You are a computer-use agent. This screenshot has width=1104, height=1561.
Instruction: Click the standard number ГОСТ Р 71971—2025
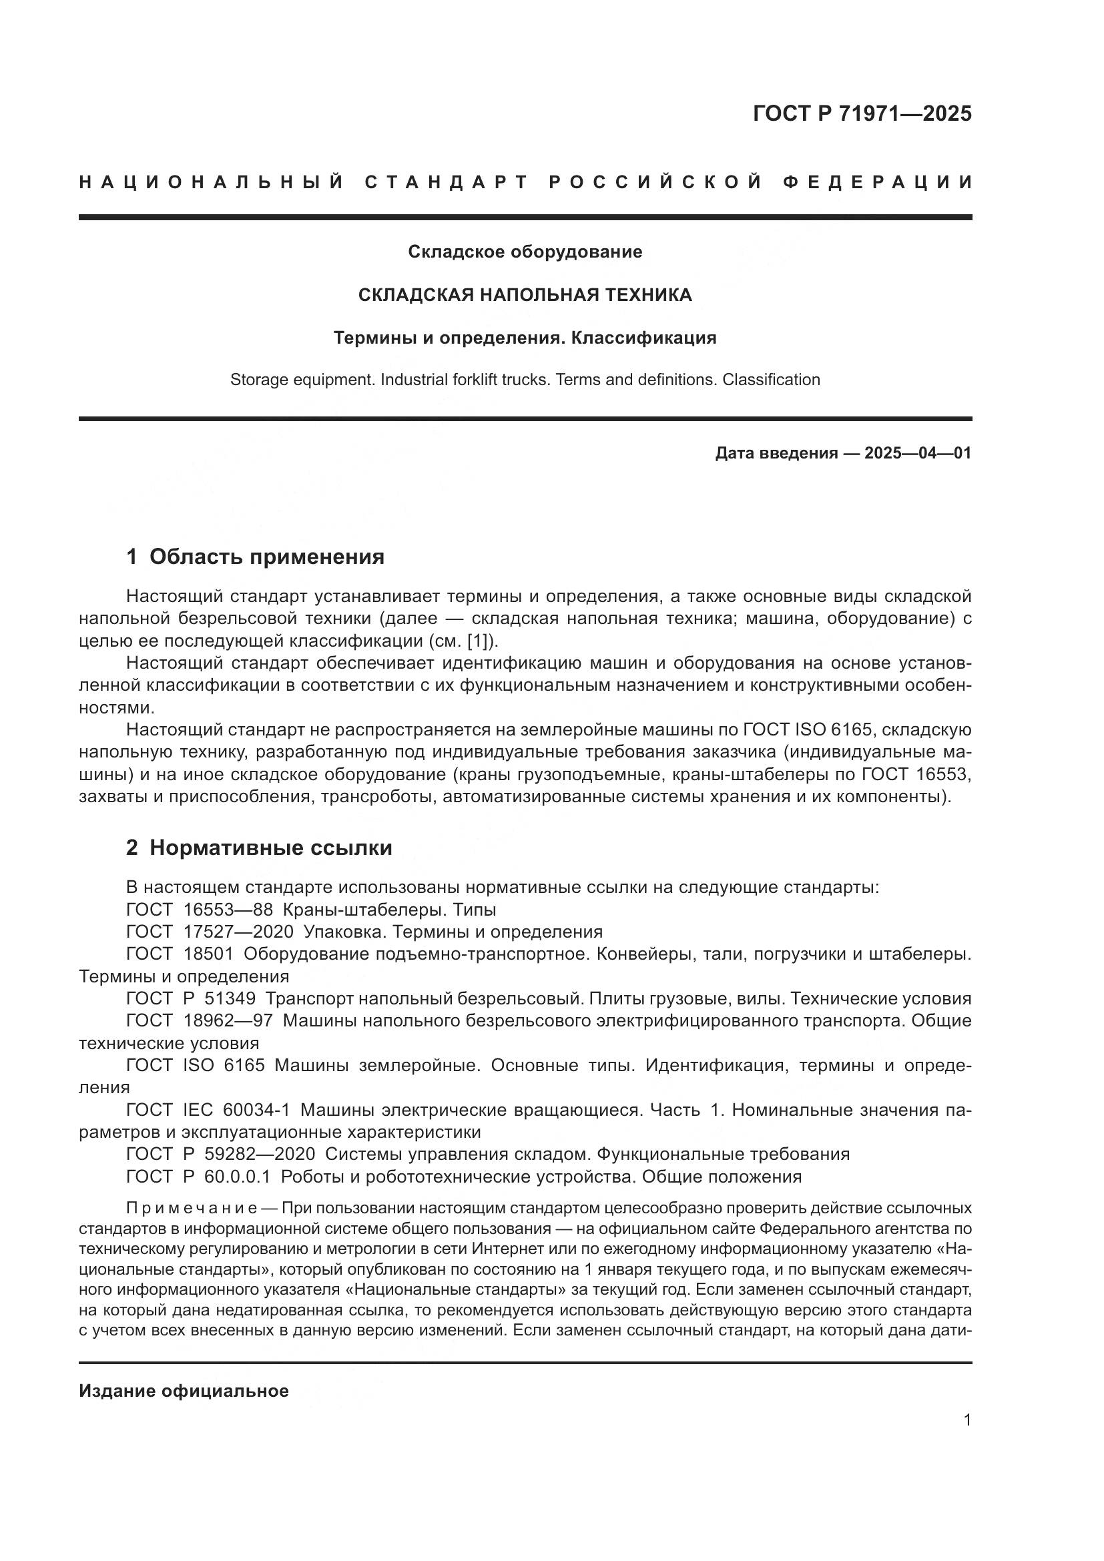862,113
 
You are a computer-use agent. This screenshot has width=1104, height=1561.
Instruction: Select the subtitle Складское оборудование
525,252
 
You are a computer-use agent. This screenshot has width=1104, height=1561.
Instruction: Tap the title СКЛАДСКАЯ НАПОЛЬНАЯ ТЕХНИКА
525,294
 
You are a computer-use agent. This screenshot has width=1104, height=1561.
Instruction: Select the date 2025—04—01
918,452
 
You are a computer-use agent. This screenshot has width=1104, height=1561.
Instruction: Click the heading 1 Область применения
255,556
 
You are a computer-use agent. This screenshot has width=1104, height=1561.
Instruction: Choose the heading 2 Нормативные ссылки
259,848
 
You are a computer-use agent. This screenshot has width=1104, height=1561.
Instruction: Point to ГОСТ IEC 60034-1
208,1110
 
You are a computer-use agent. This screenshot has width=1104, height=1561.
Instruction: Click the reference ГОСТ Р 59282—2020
220,1154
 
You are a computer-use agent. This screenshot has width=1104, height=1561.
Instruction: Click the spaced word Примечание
191,1208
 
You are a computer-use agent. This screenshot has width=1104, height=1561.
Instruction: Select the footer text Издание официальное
184,1391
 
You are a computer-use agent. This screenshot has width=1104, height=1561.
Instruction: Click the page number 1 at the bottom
967,1420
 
